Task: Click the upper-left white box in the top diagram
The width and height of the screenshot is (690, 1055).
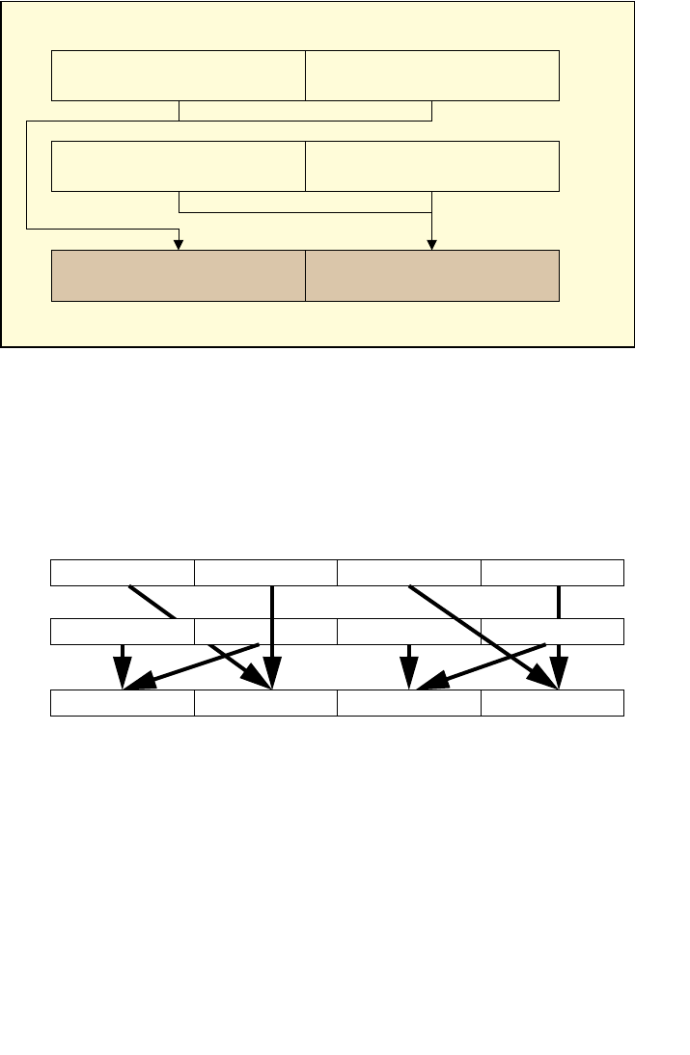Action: [179, 76]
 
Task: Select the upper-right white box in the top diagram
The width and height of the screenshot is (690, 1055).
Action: [432, 76]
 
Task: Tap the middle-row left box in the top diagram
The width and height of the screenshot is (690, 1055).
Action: [179, 166]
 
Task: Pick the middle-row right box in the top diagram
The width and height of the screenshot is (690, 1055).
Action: [432, 166]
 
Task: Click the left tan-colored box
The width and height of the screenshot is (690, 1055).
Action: [179, 275]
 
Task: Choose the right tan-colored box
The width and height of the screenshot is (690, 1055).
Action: [432, 275]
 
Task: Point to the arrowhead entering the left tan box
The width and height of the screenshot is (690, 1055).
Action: [179, 243]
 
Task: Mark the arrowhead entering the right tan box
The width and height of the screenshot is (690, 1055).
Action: [432, 243]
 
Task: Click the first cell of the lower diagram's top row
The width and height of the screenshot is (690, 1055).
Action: [123, 572]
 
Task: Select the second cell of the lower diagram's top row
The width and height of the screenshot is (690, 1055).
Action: [265, 572]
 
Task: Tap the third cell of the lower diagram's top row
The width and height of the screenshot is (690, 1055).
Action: [409, 572]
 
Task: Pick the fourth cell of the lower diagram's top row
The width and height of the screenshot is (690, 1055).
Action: [552, 572]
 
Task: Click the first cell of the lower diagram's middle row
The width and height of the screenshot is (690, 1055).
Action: [123, 632]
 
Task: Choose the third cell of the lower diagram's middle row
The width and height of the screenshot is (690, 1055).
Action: [409, 632]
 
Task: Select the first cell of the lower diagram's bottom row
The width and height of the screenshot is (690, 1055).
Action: [123, 704]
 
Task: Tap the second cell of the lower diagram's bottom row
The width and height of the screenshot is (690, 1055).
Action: [265, 704]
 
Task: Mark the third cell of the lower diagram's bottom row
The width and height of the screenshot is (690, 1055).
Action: [409, 704]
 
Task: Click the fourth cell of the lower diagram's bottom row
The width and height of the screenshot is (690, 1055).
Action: [552, 704]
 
